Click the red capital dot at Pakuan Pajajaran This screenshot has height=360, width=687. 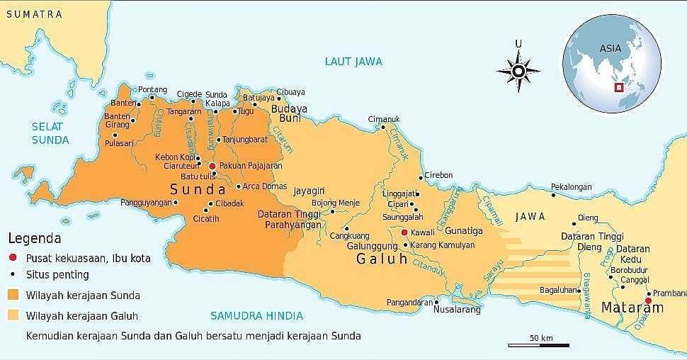click(212, 165)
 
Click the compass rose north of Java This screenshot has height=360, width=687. click(518, 71)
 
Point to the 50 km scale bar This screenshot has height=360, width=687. click(538, 345)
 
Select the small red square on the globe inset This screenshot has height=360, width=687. click(618, 88)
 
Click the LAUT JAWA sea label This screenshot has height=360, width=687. click(353, 62)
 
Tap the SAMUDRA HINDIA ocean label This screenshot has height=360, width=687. click(256, 316)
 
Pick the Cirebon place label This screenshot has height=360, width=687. click(438, 175)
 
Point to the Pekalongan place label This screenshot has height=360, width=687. click(571, 187)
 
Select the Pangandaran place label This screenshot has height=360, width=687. click(409, 303)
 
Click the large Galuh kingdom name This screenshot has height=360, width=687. click(382, 259)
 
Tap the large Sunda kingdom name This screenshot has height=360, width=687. click(198, 189)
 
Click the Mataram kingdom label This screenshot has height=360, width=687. click(632, 308)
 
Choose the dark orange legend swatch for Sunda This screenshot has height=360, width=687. click(13, 295)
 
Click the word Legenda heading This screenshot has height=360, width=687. click(35, 239)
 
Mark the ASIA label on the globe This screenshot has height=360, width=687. click(610, 48)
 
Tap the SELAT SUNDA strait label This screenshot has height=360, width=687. click(50, 133)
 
